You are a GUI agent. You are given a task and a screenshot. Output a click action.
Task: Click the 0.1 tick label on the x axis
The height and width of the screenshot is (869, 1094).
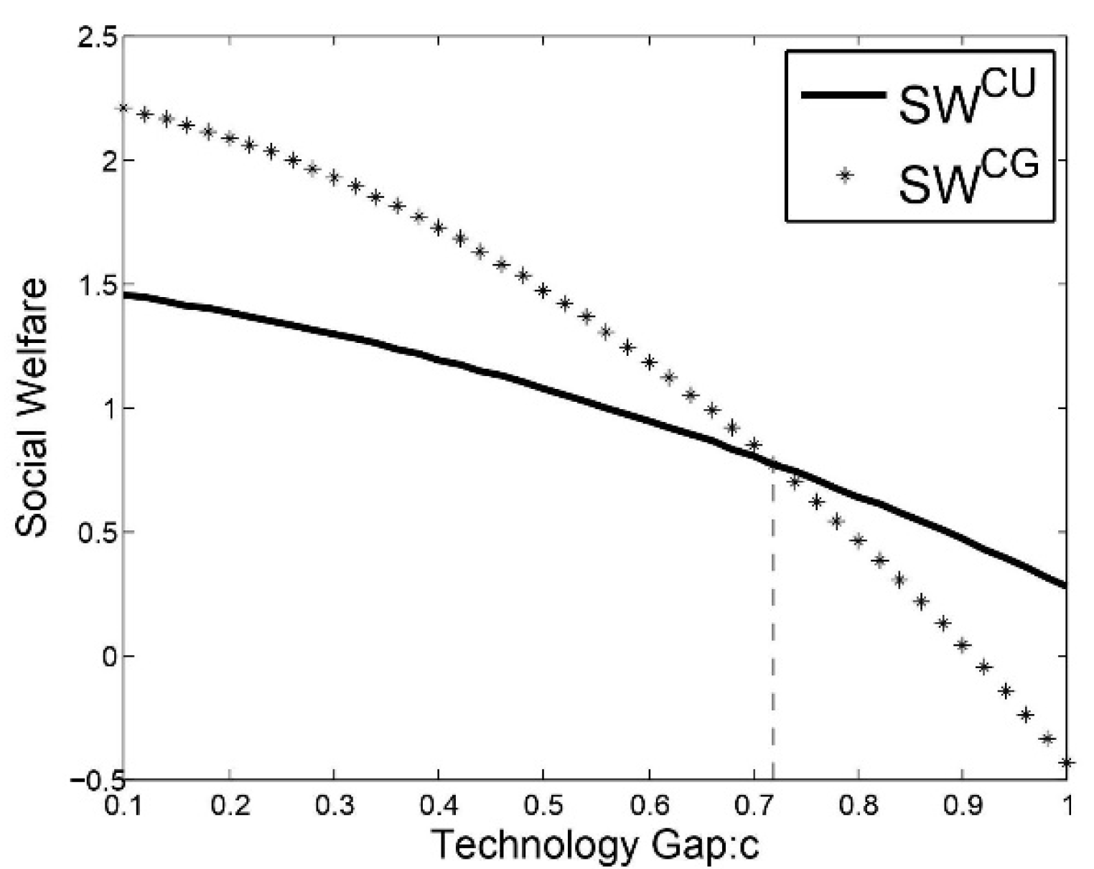point(123,805)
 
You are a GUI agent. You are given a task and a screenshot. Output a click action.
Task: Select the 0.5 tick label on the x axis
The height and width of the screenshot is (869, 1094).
point(543,805)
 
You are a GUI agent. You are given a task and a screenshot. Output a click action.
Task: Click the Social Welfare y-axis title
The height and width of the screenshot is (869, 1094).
point(32,407)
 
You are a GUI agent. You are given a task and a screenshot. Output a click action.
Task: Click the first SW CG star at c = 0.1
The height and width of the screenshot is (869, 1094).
point(123,108)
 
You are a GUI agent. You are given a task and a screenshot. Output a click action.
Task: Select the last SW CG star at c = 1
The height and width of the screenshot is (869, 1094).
point(1067,762)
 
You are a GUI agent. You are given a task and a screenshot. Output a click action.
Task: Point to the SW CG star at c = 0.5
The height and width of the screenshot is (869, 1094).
point(543,291)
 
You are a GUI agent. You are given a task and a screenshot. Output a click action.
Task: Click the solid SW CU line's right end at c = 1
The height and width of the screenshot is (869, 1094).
point(1066,586)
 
